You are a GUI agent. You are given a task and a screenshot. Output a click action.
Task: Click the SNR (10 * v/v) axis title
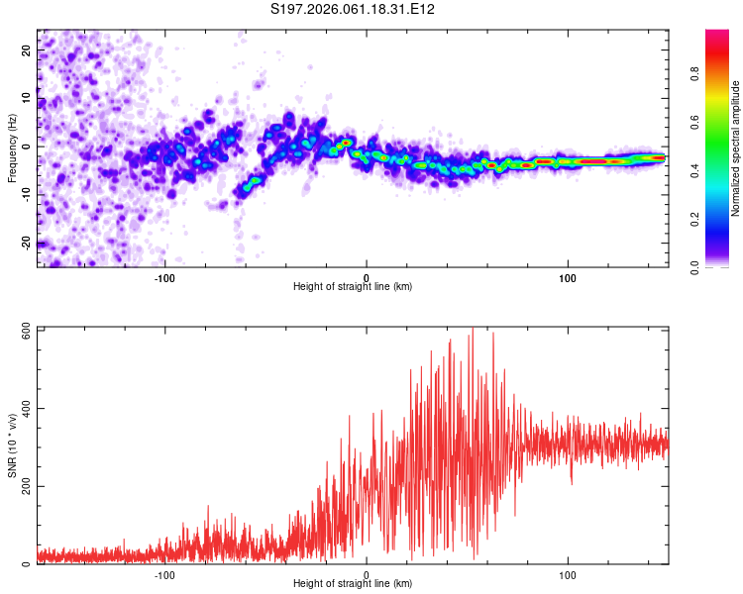[x=12, y=445]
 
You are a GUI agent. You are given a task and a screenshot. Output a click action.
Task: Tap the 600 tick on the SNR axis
[x=21, y=331]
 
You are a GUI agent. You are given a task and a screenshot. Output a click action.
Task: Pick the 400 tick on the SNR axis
[x=21, y=408]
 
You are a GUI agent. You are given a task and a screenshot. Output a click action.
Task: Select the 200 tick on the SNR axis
[x=21, y=486]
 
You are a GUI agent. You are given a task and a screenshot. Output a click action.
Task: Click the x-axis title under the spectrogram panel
[x=353, y=286]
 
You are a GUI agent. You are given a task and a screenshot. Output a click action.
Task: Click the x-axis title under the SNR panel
[x=353, y=583]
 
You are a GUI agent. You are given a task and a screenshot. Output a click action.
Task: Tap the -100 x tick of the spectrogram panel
[x=164, y=276]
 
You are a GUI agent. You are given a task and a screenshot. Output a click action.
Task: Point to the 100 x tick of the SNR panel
[x=568, y=573]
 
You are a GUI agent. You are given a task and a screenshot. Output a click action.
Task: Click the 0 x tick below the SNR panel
[x=367, y=573]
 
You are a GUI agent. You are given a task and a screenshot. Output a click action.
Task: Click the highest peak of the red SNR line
[x=473, y=330]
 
